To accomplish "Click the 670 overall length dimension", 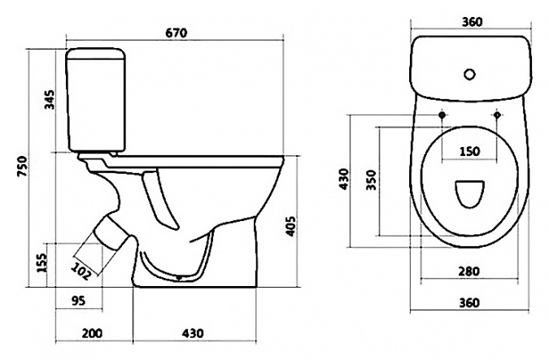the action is click(x=176, y=33).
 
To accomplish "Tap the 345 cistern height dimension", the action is click(x=50, y=100).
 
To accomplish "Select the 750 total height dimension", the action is click(x=22, y=166).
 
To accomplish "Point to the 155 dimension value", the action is click(x=41, y=262).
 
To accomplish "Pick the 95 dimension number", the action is click(x=78, y=300).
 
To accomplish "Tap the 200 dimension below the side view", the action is click(x=92, y=332).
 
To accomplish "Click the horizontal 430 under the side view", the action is click(x=193, y=332).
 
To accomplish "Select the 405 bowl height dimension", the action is click(x=290, y=227).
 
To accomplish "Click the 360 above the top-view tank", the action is click(x=472, y=22).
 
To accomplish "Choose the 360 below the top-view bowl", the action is click(x=468, y=302).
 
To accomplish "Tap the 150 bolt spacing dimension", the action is click(x=469, y=151).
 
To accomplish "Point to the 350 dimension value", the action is click(x=371, y=180).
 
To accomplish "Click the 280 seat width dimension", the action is click(x=468, y=271).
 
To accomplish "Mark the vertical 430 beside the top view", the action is click(x=344, y=179).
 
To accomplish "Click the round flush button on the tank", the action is click(x=469, y=74).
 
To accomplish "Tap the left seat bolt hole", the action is click(x=442, y=115).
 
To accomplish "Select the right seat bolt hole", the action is click(x=497, y=115).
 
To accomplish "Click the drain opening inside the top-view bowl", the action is click(x=469, y=194).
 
